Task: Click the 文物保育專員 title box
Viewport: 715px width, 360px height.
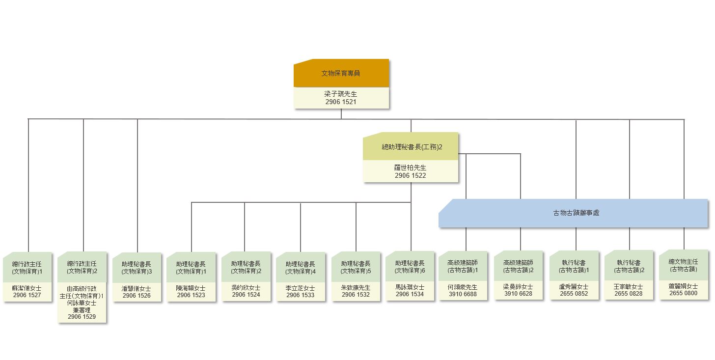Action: pyautogui.click(x=341, y=73)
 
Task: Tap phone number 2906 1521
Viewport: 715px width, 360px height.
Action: pyautogui.click(x=341, y=102)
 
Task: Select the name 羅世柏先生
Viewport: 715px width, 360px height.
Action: pyautogui.click(x=411, y=167)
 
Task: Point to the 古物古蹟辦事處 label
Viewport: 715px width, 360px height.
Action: pyautogui.click(x=576, y=213)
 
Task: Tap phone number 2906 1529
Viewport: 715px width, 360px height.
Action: pyautogui.click(x=82, y=317)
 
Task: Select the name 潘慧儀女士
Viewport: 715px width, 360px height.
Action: pyautogui.click(x=137, y=288)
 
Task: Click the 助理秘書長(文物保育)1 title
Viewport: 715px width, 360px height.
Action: pyautogui.click(x=191, y=267)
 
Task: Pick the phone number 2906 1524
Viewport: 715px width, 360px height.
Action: pyautogui.click(x=246, y=295)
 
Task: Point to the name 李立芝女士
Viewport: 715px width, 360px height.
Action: pyautogui.click(x=301, y=288)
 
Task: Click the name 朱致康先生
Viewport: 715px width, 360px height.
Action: pyautogui.click(x=356, y=288)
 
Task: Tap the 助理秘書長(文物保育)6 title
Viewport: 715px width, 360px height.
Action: pyautogui.click(x=410, y=266)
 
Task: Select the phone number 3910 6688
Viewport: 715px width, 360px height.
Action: pyautogui.click(x=463, y=294)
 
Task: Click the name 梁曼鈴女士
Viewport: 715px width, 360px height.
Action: pyautogui.click(x=518, y=287)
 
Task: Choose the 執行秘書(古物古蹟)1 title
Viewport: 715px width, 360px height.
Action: pyautogui.click(x=574, y=266)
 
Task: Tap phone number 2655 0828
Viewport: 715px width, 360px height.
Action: pyautogui.click(x=629, y=294)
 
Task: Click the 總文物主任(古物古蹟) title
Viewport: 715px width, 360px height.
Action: pyautogui.click(x=684, y=265)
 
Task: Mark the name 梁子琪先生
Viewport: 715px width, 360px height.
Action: pyautogui.click(x=341, y=94)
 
